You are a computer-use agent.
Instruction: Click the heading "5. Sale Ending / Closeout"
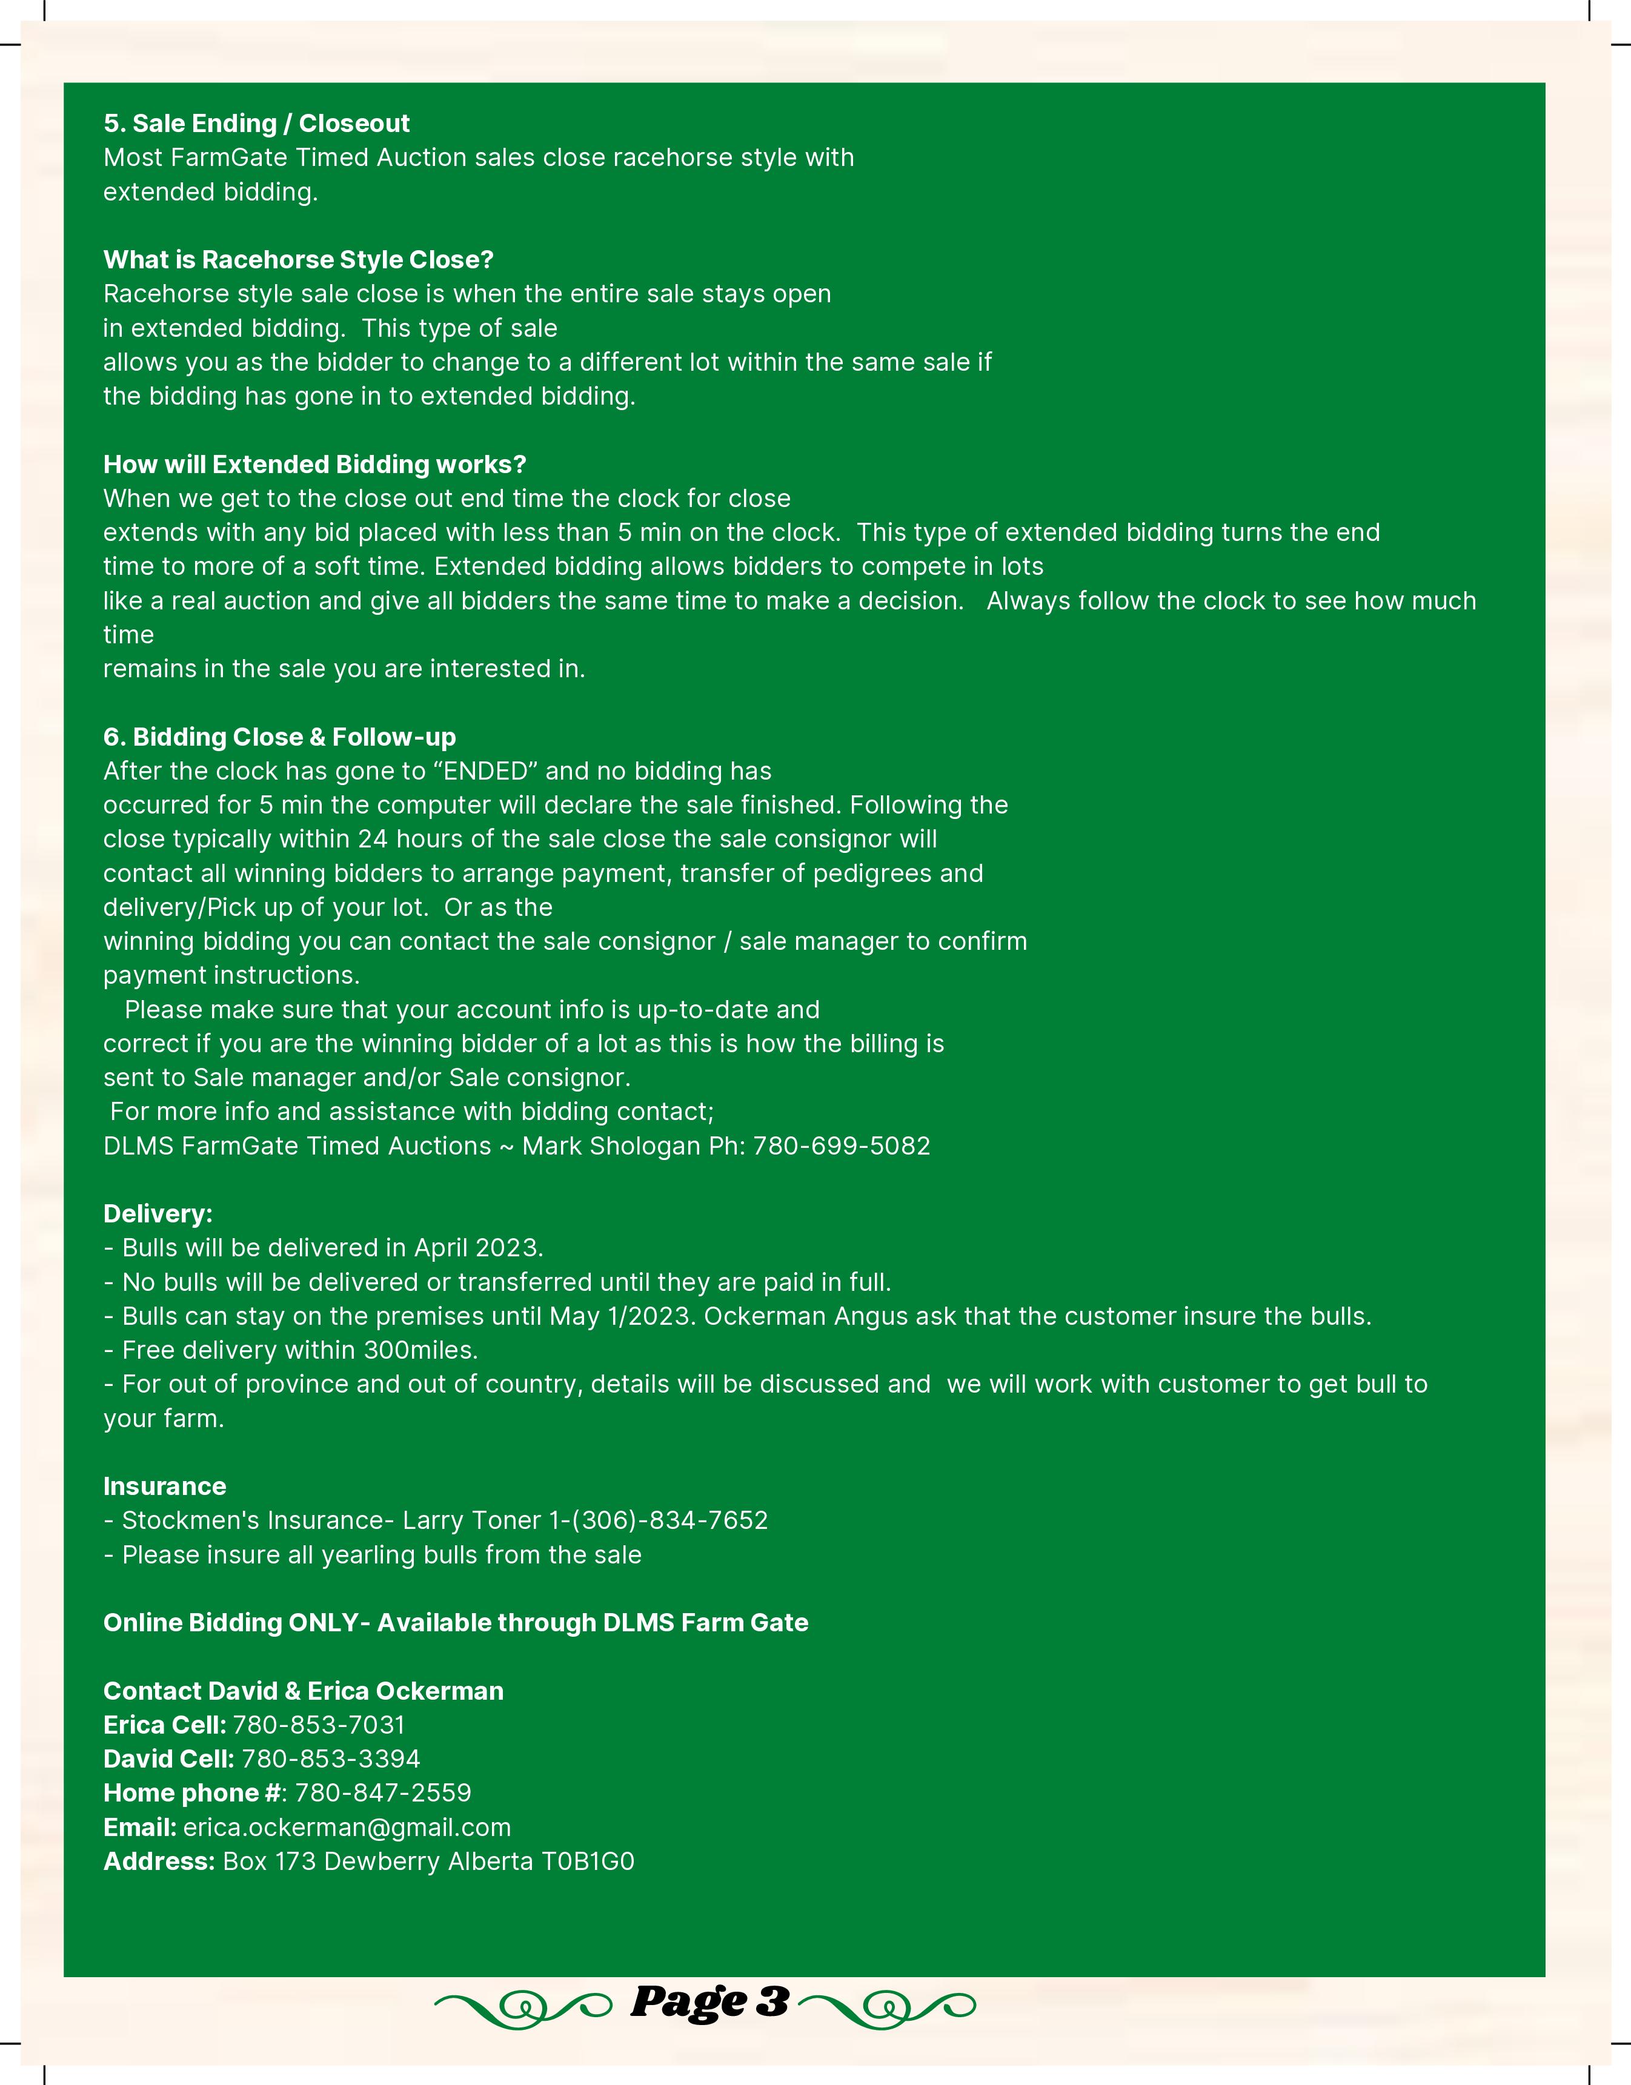[x=256, y=123]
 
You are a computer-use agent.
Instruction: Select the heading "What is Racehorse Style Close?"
[x=298, y=260]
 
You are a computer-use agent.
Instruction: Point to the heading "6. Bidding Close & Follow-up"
[x=279, y=737]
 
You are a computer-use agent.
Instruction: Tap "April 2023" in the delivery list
[x=477, y=1248]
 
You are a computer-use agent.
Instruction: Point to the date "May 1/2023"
[x=622, y=1316]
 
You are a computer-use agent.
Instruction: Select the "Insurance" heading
[x=164, y=1487]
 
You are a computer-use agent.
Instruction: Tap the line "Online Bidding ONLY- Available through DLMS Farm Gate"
[x=456, y=1623]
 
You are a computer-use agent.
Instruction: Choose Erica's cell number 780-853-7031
[x=319, y=1725]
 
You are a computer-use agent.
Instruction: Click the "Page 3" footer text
[x=709, y=2002]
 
